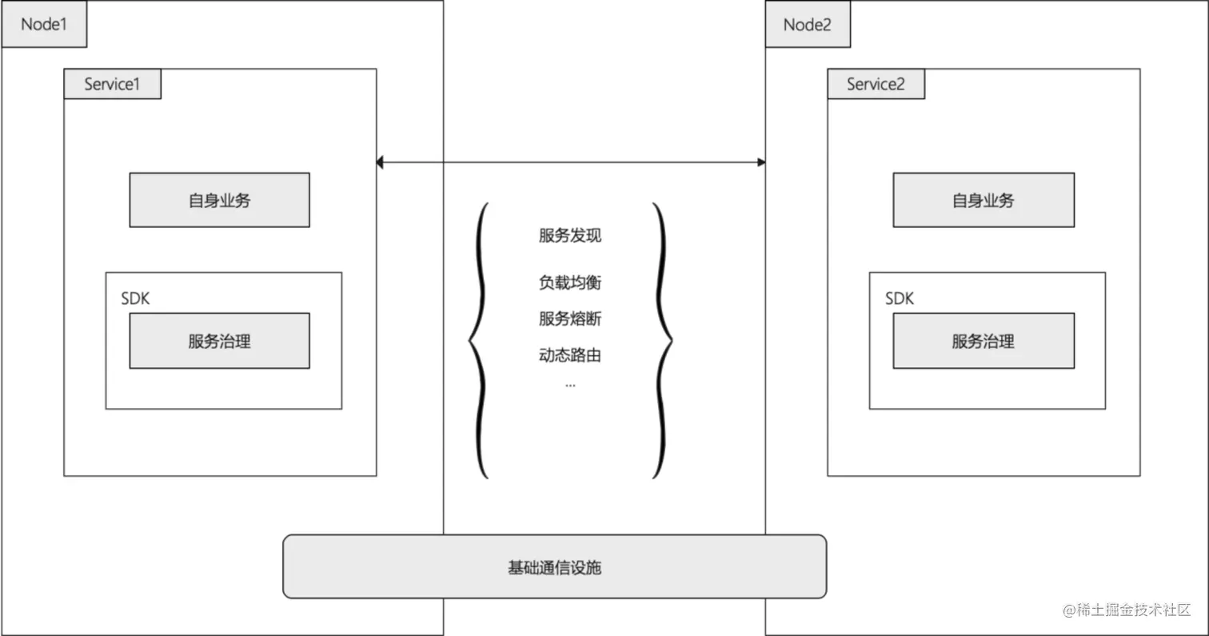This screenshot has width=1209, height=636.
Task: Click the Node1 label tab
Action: point(43,24)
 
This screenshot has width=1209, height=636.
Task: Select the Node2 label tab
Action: point(808,24)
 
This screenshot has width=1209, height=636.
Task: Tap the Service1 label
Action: point(112,84)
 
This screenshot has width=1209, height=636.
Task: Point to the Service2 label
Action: point(876,84)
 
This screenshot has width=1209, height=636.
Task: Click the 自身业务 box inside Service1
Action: point(219,200)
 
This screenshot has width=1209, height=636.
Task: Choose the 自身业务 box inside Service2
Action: point(983,200)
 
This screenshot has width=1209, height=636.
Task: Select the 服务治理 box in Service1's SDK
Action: point(219,341)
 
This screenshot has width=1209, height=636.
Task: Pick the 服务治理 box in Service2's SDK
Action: point(983,341)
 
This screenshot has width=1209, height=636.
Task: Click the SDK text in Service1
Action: point(135,298)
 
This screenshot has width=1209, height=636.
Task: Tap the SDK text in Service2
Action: point(899,298)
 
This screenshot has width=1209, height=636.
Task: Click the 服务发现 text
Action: point(569,235)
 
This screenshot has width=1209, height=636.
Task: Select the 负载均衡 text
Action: point(569,282)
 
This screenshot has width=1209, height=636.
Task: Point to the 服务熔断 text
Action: point(569,318)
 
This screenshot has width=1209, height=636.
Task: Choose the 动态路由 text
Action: point(569,354)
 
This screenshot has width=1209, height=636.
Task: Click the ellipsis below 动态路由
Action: point(569,385)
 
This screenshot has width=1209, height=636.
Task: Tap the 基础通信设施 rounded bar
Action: point(554,566)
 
